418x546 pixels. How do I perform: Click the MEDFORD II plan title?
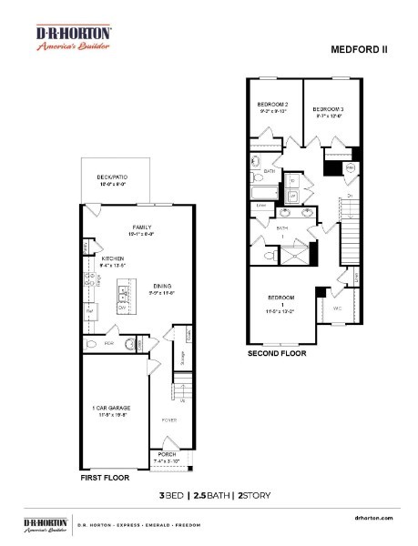pyautogui.click(x=361, y=48)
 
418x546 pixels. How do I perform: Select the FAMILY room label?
pyautogui.click(x=142, y=227)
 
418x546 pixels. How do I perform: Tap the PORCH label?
pyautogui.click(x=167, y=453)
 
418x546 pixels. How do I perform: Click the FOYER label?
pyautogui.click(x=168, y=420)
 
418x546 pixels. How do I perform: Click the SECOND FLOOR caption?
pyautogui.click(x=277, y=352)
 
